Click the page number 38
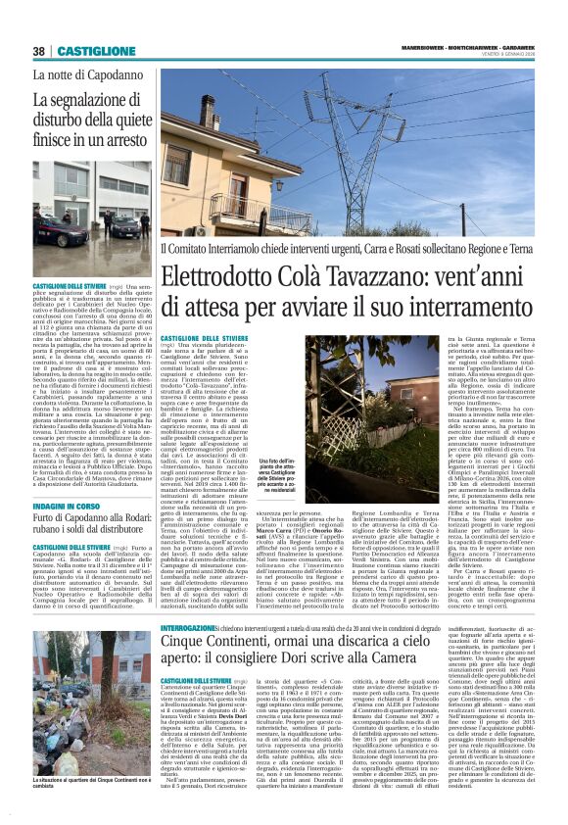point(39,51)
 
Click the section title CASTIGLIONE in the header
point(95,51)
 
